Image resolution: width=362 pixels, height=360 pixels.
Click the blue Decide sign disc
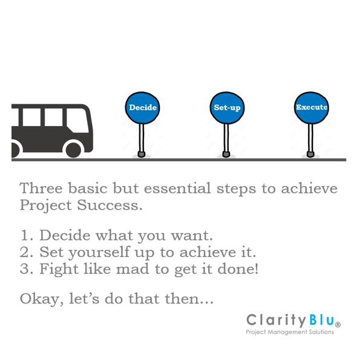click(x=142, y=108)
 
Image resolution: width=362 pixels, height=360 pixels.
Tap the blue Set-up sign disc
click(x=227, y=108)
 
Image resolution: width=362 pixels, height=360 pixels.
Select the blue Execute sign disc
click(x=311, y=108)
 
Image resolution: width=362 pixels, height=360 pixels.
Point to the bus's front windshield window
click(x=85, y=118)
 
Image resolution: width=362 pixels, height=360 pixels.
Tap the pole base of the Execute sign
click(x=311, y=155)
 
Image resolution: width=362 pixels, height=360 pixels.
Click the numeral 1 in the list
click(x=24, y=235)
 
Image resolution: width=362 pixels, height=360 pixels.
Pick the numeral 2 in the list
click(x=25, y=252)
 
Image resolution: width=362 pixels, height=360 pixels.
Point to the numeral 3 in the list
click(x=25, y=268)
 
